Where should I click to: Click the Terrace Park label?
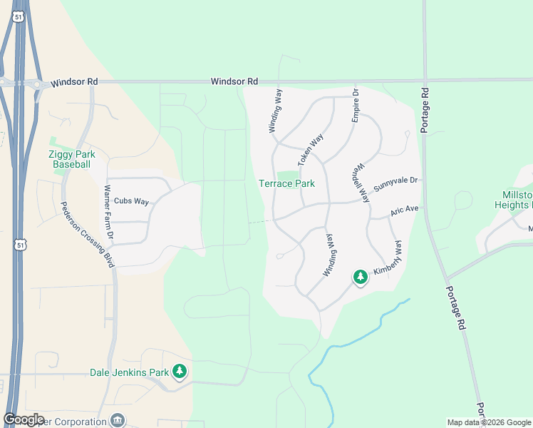tap(286, 184)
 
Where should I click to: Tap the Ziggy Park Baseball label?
tap(72, 159)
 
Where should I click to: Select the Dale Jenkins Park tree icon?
tap(180, 371)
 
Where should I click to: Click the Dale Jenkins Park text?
tap(129, 372)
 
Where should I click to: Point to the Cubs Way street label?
tap(131, 201)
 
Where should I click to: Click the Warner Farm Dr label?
tap(109, 212)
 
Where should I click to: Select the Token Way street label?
tap(310, 149)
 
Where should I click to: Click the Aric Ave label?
tap(404, 211)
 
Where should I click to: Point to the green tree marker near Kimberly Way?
tap(361, 277)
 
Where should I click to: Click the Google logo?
tap(24, 419)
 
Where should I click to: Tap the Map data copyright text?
tap(488, 422)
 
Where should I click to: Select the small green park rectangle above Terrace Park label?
tap(287, 175)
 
